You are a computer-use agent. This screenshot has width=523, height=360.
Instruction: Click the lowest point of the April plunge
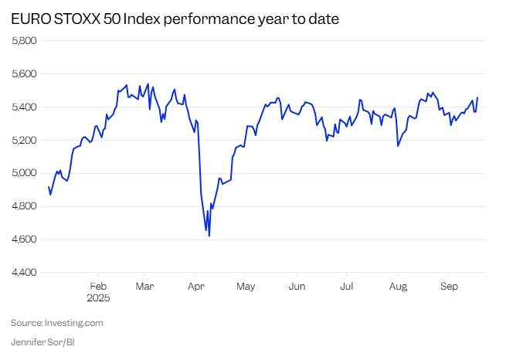pyautogui.click(x=209, y=236)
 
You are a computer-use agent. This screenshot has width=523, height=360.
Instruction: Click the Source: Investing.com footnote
pyautogui.click(x=56, y=323)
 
